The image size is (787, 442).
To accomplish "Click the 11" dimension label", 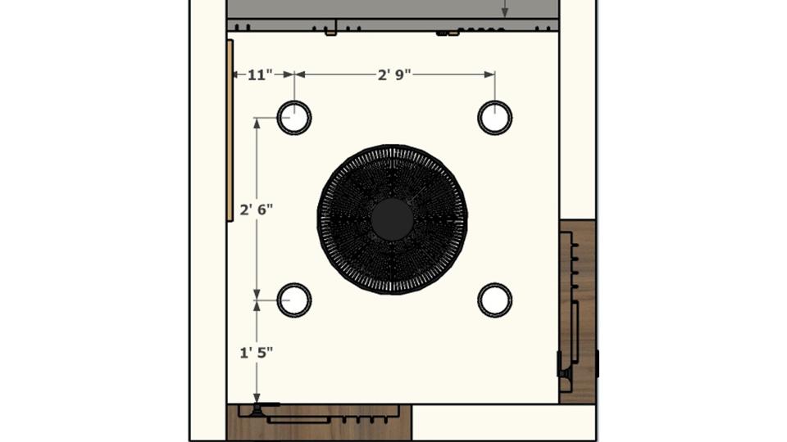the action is point(260,75).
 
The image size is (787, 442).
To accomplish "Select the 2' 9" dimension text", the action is point(394,75).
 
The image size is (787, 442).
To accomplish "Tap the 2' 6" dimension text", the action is point(257,210).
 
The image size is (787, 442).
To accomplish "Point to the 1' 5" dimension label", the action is point(257,353).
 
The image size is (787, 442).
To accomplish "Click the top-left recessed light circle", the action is point(294,102).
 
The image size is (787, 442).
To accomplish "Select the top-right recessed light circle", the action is point(495,102).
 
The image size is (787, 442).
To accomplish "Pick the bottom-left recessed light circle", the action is point(294,285).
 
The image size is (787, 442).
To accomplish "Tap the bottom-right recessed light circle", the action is point(495,285).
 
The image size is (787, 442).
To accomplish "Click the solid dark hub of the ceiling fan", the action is point(392,219).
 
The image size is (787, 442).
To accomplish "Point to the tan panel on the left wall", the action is point(230,130).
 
